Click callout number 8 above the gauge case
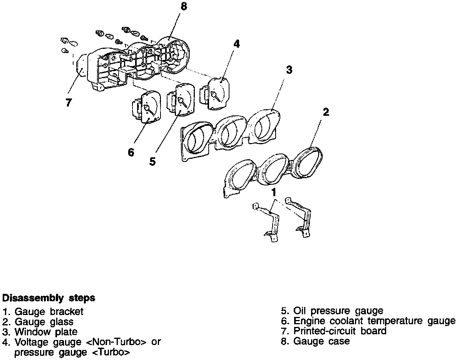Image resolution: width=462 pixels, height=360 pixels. coord(184,7)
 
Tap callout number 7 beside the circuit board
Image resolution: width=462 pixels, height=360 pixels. coord(69,103)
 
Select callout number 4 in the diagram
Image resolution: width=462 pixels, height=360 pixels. coord(236,44)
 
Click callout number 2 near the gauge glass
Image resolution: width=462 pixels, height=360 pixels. coord(326,112)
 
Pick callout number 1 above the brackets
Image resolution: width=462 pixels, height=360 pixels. coord(274,191)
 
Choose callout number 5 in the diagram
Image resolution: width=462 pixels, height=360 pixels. coord(153,162)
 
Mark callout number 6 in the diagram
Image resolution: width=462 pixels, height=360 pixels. coord(131,153)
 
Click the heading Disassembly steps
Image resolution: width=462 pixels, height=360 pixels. coord(49,298)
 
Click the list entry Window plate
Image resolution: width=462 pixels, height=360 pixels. coord(40,332)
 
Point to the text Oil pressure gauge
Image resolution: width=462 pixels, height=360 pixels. coord(332,311)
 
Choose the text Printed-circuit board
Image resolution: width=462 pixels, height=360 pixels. coord(333,331)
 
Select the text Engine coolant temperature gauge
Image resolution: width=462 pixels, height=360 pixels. coord(368,321)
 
